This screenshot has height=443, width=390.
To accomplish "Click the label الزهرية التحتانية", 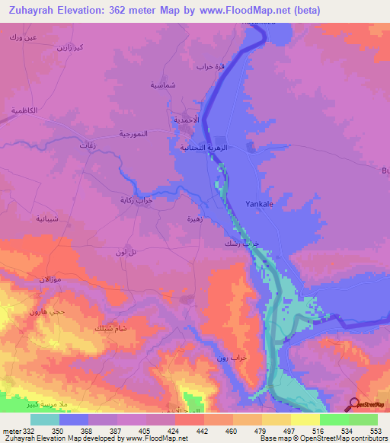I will point(204,148).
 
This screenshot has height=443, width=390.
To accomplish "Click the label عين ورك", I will point(21,37).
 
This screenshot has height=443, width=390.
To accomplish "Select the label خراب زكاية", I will point(136,199).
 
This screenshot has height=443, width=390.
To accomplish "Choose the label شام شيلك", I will point(105,328).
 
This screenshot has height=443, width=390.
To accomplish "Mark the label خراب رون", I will point(222,358).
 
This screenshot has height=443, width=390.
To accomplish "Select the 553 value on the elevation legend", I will point(375,432).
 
